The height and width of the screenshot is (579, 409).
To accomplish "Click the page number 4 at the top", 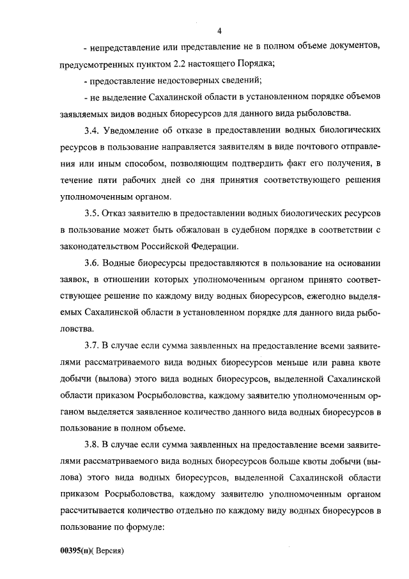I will point(219,31).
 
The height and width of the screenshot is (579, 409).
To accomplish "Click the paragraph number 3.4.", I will point(91,131).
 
